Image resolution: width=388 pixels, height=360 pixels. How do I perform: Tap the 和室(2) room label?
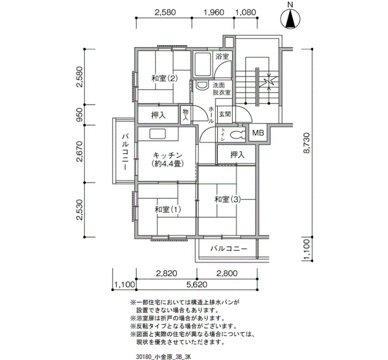pos(165,79)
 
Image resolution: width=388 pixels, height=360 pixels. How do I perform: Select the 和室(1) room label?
pos(168,210)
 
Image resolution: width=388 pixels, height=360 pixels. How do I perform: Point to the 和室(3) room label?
pos(227,199)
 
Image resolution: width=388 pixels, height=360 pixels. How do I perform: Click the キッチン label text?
pos(168,155)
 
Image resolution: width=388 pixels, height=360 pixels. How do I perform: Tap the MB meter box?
pos(258,133)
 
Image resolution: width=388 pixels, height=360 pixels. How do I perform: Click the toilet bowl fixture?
pos(237,135)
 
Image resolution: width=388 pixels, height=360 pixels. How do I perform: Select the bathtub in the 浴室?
pos(203,65)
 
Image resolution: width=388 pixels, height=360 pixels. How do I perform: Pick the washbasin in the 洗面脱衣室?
pos(202,85)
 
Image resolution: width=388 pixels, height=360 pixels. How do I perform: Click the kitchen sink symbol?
pos(157,134)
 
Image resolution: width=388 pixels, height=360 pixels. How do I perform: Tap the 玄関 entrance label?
pos(225,114)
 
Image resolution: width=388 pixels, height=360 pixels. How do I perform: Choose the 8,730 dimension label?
pos(307,143)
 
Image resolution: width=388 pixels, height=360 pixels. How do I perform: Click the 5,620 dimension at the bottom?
pos(197,284)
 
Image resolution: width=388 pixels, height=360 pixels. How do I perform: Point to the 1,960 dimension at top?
pos(213,12)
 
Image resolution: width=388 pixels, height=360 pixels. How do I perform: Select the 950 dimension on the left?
pos(80,115)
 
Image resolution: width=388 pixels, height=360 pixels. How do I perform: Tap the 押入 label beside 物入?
pos(158,115)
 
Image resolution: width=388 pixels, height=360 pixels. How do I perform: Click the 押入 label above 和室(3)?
pos(238,155)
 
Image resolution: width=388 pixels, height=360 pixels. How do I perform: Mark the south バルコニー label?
pos(229,249)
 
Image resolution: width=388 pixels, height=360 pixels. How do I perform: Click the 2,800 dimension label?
pos(227,273)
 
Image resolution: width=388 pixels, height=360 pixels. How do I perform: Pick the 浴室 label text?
pos(222,56)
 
